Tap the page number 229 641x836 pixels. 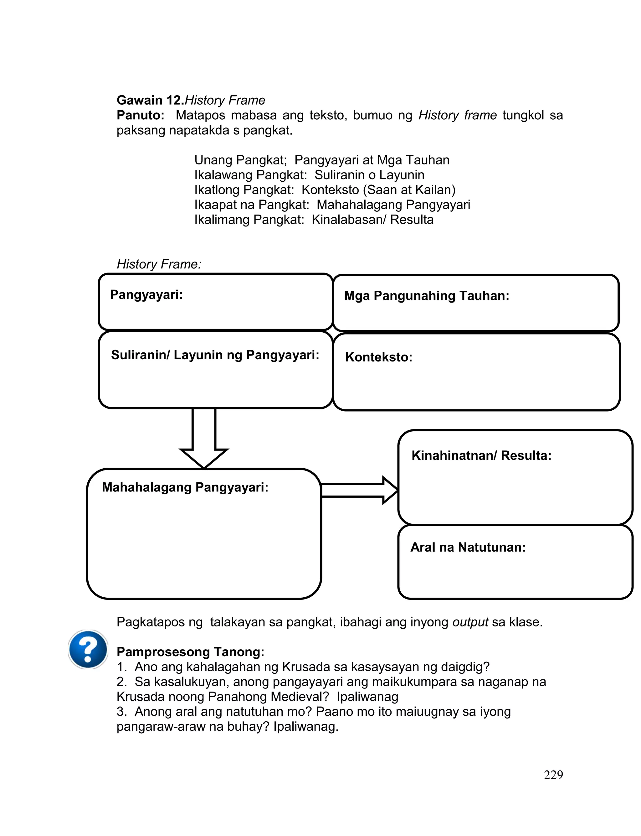point(553,775)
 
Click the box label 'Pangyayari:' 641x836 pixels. point(146,295)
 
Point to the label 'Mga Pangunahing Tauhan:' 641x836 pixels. point(427,296)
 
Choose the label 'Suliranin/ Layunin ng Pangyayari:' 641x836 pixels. point(215,355)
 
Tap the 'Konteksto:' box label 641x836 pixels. point(378,357)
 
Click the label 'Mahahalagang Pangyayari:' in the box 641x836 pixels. point(185,487)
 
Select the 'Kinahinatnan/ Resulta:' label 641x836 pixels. point(481,455)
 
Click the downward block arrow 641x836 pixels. point(204,439)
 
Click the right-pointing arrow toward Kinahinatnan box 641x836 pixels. point(359,491)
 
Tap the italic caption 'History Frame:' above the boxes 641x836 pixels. point(159,264)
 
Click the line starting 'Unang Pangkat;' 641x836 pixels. point(322,160)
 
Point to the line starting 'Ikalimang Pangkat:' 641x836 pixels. point(314,220)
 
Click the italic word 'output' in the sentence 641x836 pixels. point(470,622)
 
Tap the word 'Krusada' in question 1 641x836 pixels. point(305,667)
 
